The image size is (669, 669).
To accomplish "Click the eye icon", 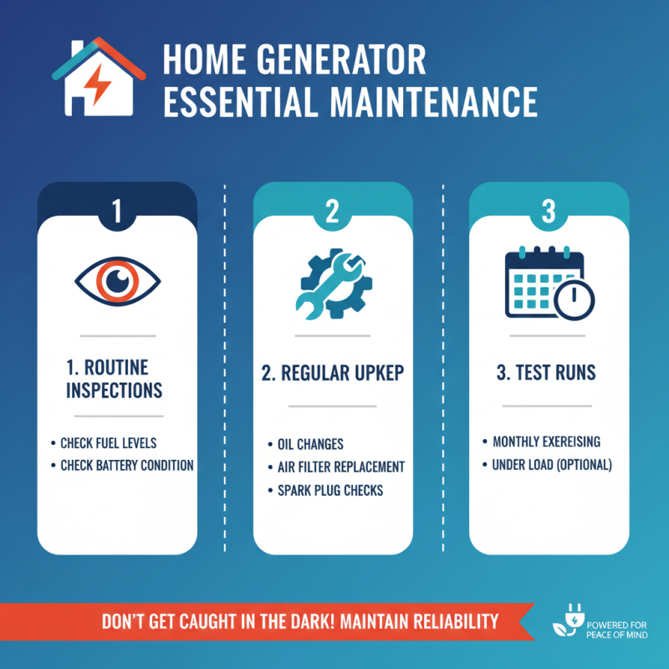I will [x=117, y=282].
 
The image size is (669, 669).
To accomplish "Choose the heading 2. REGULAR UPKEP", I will [x=332, y=373].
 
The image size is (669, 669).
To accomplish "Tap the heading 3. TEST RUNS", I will [x=547, y=373].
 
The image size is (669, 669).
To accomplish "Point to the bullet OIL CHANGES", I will [x=310, y=444].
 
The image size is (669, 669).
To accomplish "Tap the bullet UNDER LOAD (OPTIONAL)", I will [x=552, y=464].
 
